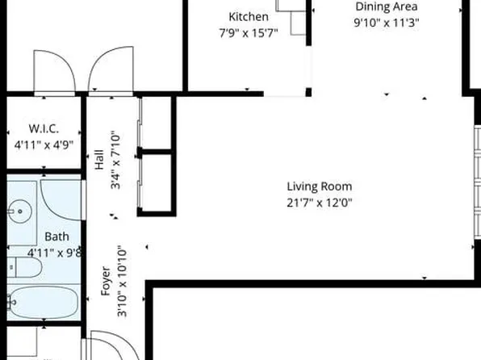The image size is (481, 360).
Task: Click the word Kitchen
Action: pos(248,17)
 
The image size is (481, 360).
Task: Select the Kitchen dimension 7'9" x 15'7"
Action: pos(248,33)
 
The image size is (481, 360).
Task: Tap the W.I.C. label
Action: pos(44,129)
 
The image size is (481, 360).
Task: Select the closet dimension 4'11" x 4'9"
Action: pos(44,145)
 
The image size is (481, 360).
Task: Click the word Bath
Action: pos(56,237)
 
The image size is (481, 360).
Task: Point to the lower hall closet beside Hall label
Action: pos(157,183)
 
